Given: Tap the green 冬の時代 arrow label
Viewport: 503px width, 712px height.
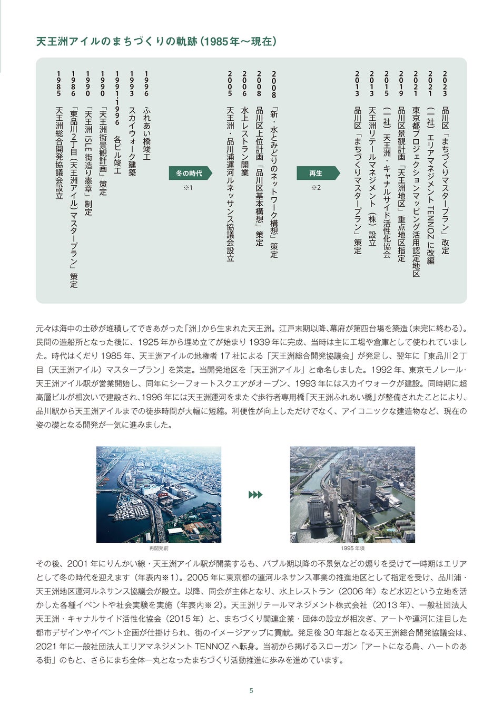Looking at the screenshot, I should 188,173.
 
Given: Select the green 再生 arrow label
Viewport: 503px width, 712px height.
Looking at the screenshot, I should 315,173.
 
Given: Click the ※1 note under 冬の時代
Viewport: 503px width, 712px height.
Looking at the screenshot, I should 188,187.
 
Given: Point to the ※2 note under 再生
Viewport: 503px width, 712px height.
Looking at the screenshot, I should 315,187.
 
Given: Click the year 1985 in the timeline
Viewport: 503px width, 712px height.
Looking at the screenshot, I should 58,83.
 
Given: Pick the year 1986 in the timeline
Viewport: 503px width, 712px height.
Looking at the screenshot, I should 73,83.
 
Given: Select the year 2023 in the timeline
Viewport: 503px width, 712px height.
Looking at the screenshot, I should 445,83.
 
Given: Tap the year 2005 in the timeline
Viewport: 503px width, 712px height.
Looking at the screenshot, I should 230,83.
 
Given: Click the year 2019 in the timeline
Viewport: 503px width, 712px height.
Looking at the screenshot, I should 401,83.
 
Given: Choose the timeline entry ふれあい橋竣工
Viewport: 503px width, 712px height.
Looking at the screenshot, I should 146,134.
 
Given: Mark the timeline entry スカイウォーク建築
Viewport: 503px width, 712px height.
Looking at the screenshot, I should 132,141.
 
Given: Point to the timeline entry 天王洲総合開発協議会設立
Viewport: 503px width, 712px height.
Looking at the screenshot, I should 58,153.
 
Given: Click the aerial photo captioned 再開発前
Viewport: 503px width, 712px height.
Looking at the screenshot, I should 159,494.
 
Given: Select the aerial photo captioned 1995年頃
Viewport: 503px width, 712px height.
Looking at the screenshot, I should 352,494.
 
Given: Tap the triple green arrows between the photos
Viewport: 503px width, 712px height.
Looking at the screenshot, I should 255,495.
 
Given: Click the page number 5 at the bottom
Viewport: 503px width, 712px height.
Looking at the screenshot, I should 251,690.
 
